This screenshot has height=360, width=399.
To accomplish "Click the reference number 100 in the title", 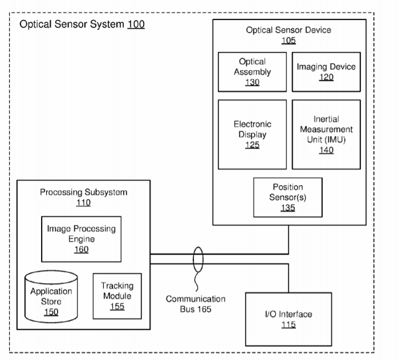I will point(136,25).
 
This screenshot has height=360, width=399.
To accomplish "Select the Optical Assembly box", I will point(252,72).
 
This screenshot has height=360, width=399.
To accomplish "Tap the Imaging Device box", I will point(326,72).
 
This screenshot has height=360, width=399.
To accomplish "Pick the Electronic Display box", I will point(252,134).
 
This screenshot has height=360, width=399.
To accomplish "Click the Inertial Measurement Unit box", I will point(326,134).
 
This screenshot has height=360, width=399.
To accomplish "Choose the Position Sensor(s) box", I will point(288,197).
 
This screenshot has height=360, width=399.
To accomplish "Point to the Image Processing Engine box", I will point(81,239).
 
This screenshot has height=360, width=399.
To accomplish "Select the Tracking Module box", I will point(116,296).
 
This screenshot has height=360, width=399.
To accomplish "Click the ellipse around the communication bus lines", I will point(198,259).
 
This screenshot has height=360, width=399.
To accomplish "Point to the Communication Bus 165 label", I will point(196,304).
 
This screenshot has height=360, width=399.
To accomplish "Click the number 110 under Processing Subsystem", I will point(83,203).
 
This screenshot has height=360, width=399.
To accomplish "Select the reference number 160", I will point(81,249).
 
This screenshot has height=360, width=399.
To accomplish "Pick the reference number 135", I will point(288,207).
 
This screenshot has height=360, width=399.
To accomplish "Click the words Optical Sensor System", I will point(72,25).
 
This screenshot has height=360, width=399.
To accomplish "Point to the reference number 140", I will point(327,150).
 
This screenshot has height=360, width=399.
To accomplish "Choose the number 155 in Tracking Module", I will point(116,306).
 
